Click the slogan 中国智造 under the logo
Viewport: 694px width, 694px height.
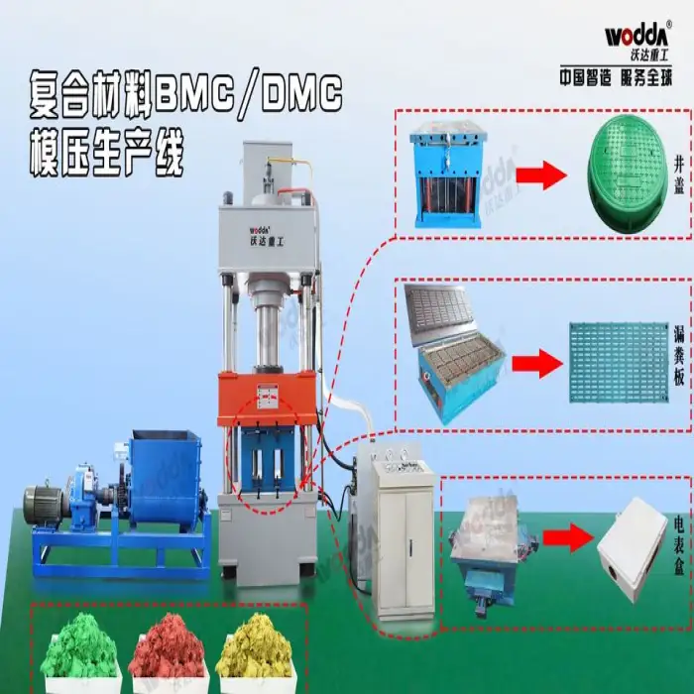pyautogui.click(x=586, y=75)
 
